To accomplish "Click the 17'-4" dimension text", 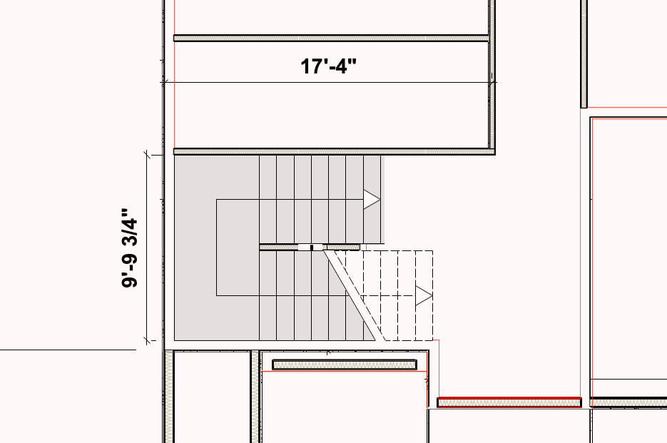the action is point(328,66).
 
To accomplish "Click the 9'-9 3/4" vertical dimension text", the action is point(130,248).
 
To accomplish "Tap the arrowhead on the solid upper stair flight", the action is point(372,199).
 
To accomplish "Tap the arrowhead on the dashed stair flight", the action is point(424,296).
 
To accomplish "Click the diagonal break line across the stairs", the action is point(350,296).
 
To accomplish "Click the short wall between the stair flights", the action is point(310,248).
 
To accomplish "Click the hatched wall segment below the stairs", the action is point(345,365).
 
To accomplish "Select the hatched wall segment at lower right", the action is point(509,402).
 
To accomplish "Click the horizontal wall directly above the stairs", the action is point(335,151).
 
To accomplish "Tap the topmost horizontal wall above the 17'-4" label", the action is point(332,39).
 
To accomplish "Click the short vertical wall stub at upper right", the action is point(584,54).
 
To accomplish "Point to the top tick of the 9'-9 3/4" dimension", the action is point(147,156).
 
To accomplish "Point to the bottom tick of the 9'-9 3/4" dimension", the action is point(147,340).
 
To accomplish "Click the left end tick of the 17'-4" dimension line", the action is point(164,82).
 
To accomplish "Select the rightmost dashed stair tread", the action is point(424,296).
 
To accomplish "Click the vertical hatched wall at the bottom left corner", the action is point(169,397).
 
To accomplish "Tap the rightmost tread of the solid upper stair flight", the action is point(372,199).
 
